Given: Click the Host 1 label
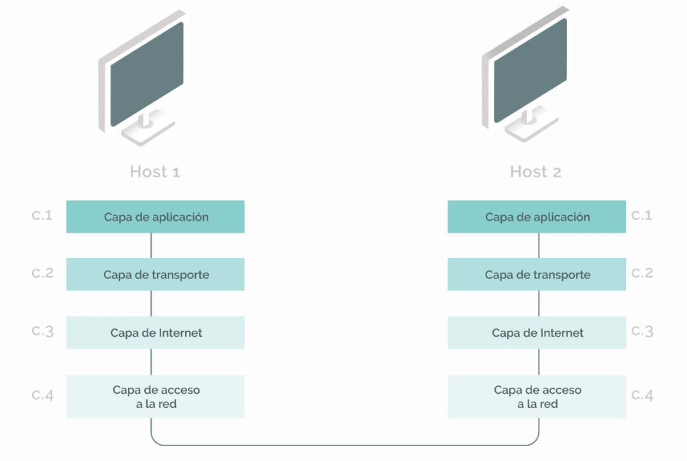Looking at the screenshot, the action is coord(155,171).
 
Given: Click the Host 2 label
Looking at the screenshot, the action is coord(535,171).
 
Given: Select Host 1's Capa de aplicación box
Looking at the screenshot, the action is coord(155,216).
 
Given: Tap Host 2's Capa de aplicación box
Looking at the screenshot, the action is coord(537,216).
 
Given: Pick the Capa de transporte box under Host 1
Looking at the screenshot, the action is coord(155,274).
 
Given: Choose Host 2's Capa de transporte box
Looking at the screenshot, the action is coord(537,274).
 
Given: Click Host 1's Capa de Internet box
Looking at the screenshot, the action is coord(155,333).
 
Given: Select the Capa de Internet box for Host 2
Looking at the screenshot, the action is coord(537,333).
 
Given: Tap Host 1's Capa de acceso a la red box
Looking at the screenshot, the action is coord(155,396).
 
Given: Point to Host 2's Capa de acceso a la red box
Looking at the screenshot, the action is coord(537,396).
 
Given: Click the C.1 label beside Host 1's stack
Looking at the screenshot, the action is coord(42,215).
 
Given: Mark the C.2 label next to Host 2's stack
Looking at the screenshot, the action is coord(642,273).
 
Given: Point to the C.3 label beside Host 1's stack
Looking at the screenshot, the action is coord(42,331).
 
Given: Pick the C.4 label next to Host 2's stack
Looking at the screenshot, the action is coord(642,395).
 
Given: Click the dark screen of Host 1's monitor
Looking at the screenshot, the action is coord(147,74).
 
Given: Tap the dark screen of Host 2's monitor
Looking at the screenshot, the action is coord(530,71).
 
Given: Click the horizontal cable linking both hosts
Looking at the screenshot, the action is coord(345,445).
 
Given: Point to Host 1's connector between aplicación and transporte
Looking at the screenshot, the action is coord(151,245).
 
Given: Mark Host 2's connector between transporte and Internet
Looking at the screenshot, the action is coord(539,303).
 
